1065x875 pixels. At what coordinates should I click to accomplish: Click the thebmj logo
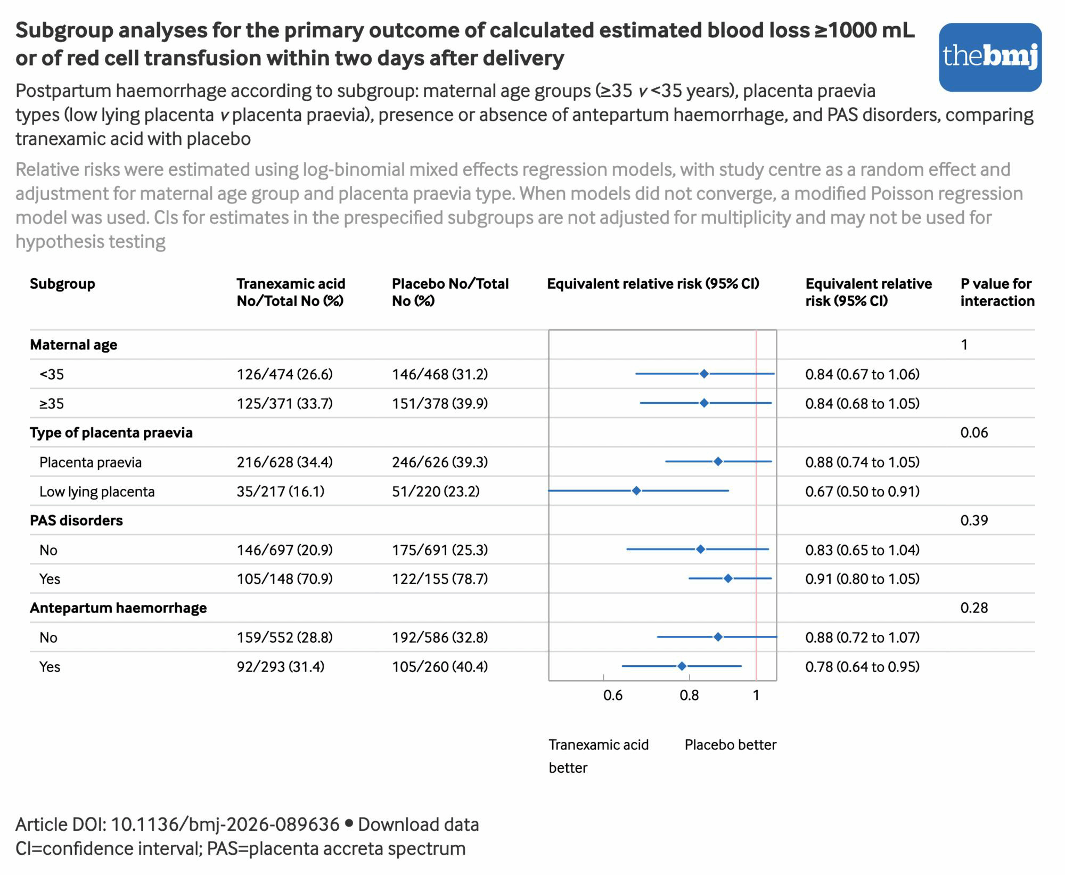click(990, 57)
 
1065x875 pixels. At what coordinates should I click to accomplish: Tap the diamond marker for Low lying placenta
click(636, 490)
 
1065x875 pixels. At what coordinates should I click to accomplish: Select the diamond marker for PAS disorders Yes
click(728, 578)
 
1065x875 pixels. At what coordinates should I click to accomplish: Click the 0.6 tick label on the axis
click(613, 695)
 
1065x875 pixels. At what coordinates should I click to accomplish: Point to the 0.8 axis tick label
click(689, 695)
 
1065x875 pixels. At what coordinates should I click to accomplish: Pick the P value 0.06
click(974, 432)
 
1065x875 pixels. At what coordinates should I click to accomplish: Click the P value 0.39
click(974, 520)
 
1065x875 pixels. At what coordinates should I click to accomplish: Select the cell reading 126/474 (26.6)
click(284, 374)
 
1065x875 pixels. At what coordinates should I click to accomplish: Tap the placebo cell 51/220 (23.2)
click(436, 491)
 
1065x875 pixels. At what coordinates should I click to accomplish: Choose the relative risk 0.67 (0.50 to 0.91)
click(862, 491)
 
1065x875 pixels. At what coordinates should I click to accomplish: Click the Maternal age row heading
click(73, 345)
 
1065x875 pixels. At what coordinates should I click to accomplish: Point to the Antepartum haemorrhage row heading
click(118, 608)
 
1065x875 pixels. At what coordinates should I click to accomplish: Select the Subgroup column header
click(62, 284)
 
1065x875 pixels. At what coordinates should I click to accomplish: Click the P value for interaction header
click(997, 292)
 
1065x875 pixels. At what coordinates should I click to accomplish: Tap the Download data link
click(418, 824)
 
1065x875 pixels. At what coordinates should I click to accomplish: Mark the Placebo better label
click(730, 745)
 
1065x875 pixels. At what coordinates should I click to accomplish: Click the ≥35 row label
click(52, 404)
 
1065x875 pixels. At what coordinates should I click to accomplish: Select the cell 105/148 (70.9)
click(284, 579)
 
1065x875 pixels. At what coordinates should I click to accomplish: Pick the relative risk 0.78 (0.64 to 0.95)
click(862, 667)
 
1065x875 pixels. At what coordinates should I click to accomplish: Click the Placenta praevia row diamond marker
click(718, 461)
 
